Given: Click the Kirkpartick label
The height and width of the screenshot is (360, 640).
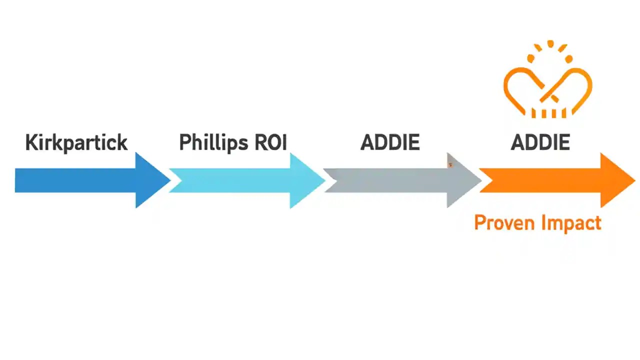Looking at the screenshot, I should pos(76,143).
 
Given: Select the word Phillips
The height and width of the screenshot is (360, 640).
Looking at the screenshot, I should pos(206,143).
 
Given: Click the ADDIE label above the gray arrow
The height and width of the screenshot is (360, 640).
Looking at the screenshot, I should pos(390,143).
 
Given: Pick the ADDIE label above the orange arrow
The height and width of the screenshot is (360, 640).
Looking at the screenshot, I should pos(540,143).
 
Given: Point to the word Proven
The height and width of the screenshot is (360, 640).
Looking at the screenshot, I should pos(501,222).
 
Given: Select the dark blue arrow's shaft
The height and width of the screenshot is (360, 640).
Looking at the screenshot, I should pos(75,180).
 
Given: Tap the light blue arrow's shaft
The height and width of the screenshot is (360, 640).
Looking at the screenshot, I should pos(230,180).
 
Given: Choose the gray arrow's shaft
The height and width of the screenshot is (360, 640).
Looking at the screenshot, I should pos(385,180).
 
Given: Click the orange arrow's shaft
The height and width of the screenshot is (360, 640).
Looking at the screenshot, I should pos(540,180).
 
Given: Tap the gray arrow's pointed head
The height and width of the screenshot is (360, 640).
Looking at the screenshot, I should pos(462,180).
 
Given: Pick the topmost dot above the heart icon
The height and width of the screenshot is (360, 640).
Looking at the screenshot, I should pos(550,43).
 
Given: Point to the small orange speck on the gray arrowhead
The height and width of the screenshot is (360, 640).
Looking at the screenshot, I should pos(450,164).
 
